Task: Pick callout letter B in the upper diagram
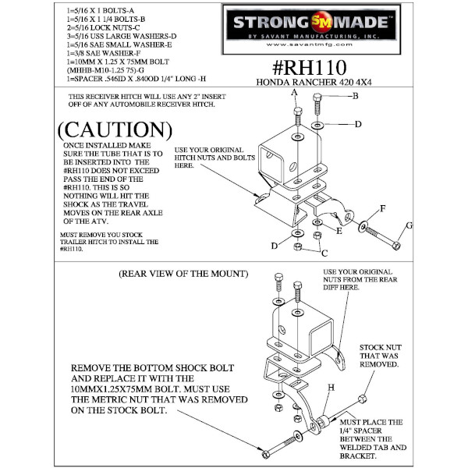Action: click(355, 96)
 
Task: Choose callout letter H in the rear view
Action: click(331, 388)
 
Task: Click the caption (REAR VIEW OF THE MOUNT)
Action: click(183, 274)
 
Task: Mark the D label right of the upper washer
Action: click(358, 123)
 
